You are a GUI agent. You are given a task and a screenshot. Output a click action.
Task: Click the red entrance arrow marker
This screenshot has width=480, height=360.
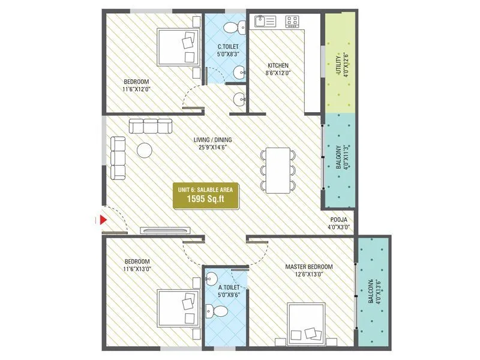point(103,220)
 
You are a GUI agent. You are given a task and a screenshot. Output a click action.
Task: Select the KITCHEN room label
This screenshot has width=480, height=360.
point(278,65)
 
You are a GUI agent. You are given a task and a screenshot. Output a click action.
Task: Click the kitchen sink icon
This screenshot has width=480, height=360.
point(265,22)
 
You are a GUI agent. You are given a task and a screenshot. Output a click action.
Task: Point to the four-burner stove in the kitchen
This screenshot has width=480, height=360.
point(293,22)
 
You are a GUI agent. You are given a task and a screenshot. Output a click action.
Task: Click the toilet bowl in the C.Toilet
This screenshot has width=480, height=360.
point(239,26)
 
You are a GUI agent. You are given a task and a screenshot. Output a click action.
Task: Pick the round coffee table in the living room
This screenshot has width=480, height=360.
point(145,149)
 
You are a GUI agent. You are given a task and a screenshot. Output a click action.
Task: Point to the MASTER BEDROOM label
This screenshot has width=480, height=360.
point(309,266)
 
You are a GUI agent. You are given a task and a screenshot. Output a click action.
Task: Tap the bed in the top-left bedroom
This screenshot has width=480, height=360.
point(179,47)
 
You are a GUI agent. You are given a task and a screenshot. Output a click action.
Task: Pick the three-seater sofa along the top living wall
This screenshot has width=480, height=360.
point(150,126)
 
